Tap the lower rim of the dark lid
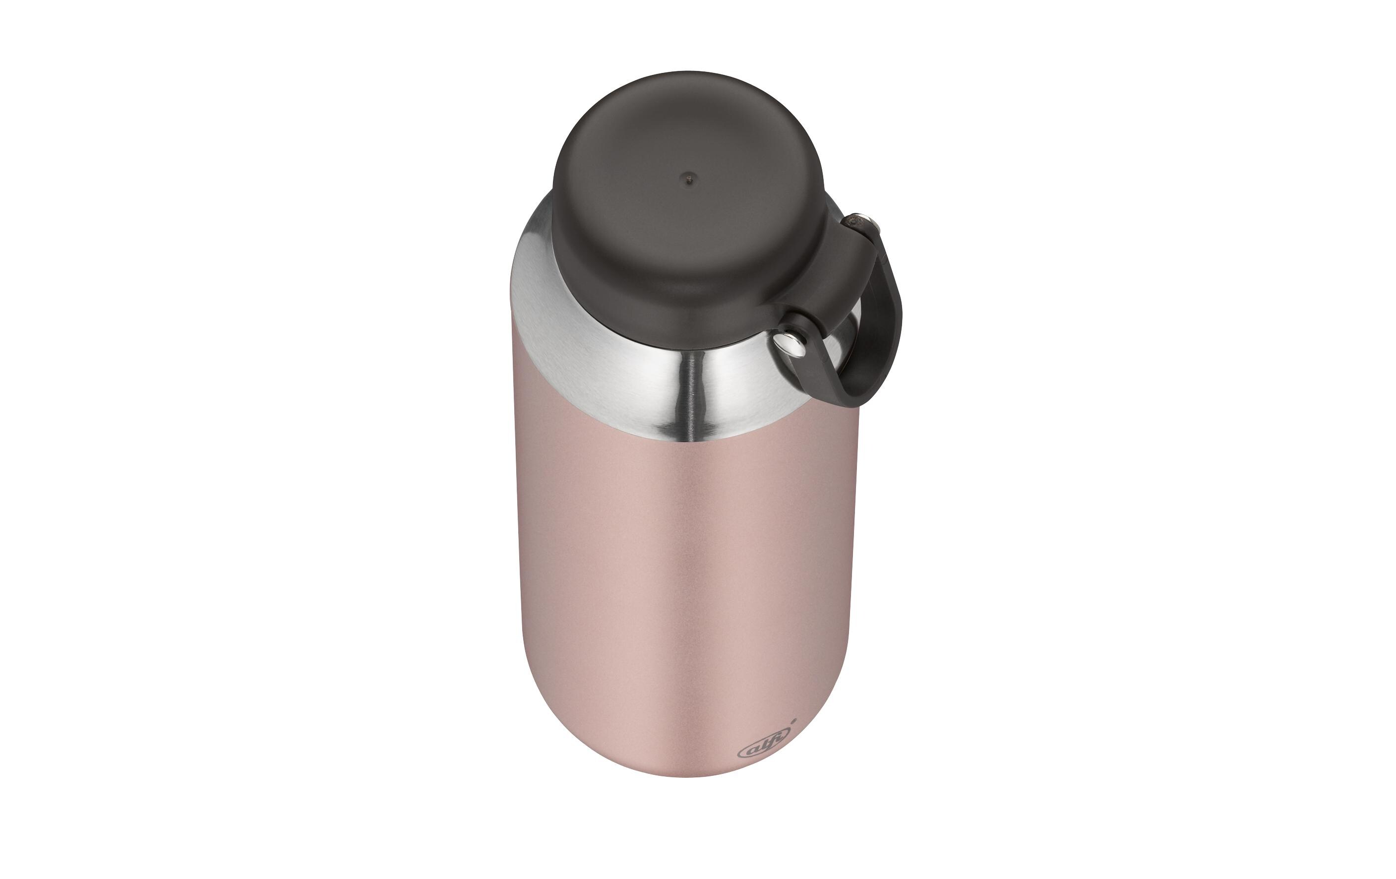667,342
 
